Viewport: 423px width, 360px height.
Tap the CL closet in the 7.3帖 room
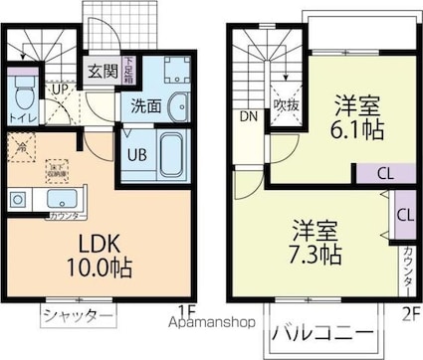404,214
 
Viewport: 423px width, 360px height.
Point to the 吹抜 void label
287,103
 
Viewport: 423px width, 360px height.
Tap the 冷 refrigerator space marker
21,147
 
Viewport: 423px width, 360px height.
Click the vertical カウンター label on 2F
407,269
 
